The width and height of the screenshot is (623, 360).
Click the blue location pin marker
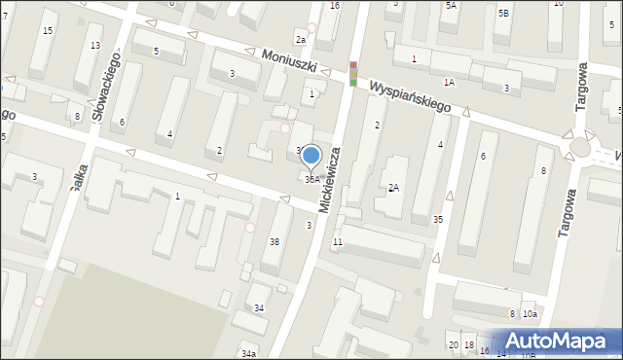[311, 156]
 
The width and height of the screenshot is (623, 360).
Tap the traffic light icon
[353, 74]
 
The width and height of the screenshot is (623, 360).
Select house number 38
[275, 241]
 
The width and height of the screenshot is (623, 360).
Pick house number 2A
[393, 188]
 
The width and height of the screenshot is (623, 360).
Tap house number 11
[337, 241]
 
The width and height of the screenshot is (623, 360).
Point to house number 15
[48, 31]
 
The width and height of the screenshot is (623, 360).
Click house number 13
[94, 46]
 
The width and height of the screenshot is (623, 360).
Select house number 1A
[449, 83]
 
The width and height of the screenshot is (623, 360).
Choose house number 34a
[249, 353]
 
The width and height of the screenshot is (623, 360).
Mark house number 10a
[530, 313]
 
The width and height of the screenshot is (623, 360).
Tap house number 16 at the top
[334, 6]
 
